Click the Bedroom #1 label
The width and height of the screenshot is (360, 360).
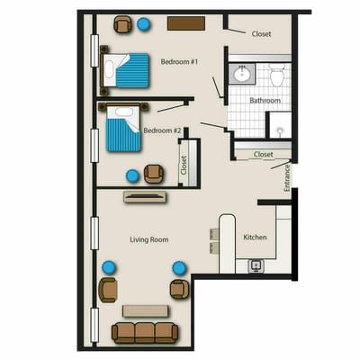[178, 61]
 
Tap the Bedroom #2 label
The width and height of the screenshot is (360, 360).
[163, 130]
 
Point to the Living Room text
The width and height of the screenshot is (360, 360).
[149, 239]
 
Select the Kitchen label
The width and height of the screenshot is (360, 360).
[255, 238]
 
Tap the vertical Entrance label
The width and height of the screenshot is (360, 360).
[287, 176]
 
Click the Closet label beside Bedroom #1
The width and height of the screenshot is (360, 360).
[261, 34]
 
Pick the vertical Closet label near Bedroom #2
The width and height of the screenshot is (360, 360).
[184, 165]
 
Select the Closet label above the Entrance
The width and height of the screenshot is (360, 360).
[263, 154]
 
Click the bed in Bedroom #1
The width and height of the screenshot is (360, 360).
[126, 71]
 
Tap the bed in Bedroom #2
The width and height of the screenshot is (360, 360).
[124, 129]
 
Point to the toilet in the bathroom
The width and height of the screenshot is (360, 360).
[277, 76]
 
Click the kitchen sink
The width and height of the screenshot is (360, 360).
[256, 266]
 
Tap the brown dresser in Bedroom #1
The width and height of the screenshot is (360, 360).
[184, 22]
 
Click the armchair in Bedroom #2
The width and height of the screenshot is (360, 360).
[154, 174]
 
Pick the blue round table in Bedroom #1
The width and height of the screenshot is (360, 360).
[144, 24]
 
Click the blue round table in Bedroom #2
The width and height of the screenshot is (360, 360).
[133, 175]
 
